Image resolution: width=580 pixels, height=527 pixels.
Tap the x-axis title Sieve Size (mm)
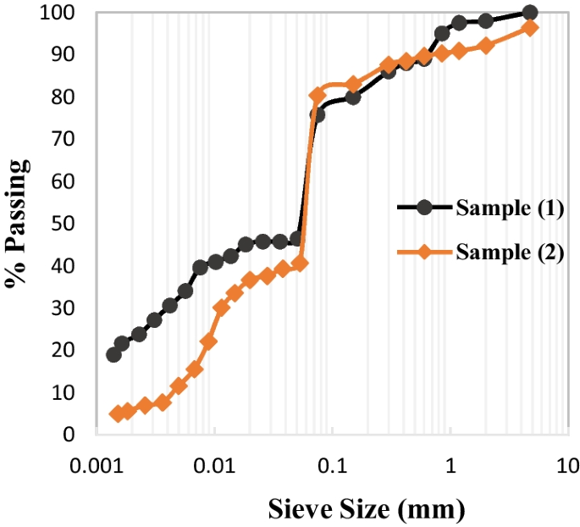tap(367, 510)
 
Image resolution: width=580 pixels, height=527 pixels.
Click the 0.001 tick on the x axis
tap(98, 464)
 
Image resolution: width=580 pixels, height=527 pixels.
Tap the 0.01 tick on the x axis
tap(216, 464)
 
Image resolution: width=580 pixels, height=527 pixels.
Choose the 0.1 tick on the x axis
tap(333, 464)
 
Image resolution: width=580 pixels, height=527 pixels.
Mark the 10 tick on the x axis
tap(566, 464)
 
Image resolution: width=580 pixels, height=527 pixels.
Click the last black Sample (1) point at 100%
tap(530, 13)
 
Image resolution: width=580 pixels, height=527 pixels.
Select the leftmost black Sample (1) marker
tap(113, 354)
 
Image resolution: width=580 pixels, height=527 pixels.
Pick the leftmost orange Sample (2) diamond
tap(117, 413)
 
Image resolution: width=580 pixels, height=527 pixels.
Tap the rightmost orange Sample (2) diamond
tap(531, 27)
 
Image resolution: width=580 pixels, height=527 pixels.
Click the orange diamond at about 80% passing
tap(318, 95)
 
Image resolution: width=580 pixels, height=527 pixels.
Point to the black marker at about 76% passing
tap(317, 114)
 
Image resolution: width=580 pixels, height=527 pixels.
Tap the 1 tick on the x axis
tap(450, 464)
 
